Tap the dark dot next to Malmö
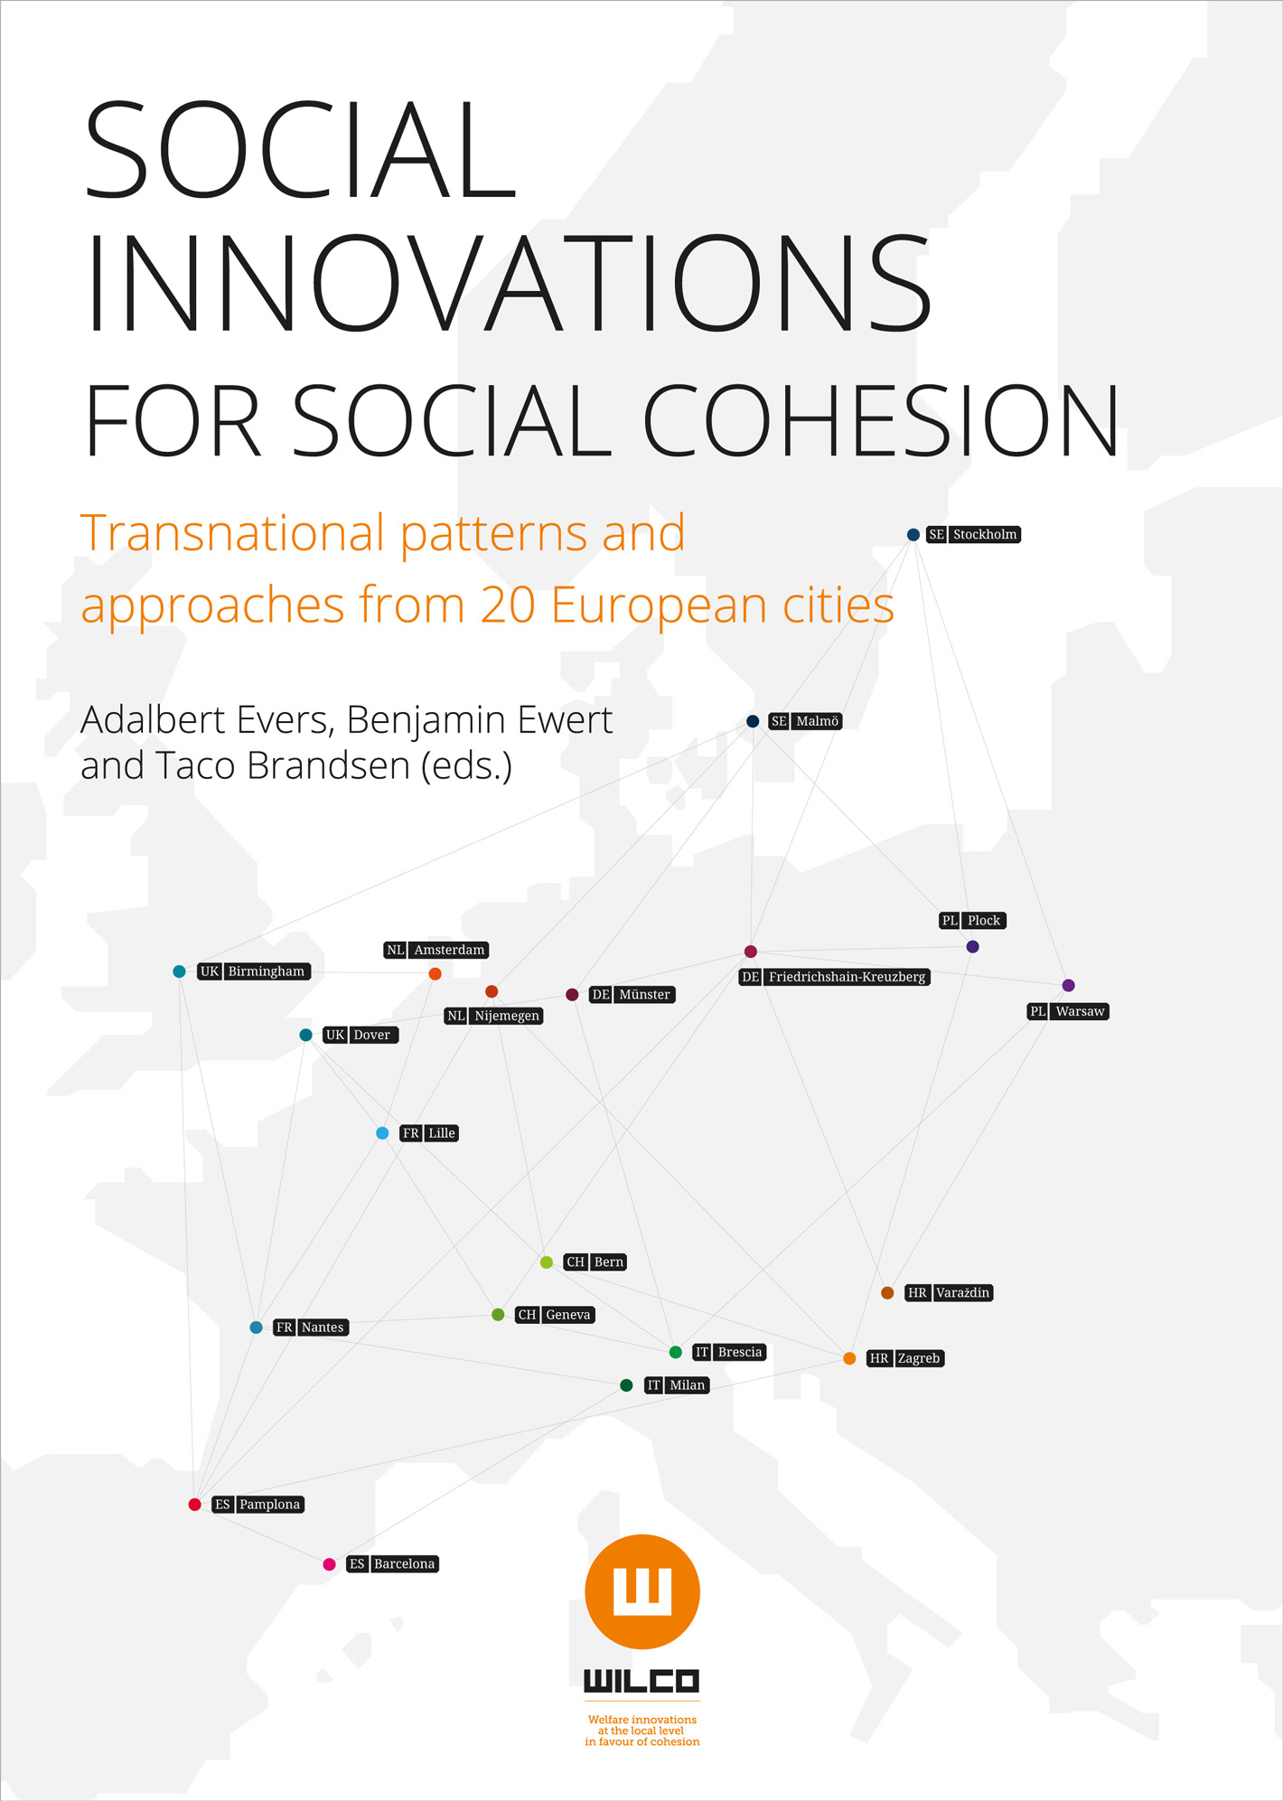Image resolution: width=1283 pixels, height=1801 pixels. click(x=753, y=721)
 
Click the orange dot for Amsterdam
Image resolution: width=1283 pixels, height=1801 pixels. click(x=435, y=973)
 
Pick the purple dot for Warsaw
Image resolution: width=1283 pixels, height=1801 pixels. click(x=1068, y=985)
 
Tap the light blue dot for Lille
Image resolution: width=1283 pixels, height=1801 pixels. click(x=382, y=1133)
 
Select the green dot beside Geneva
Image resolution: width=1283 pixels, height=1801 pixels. click(x=498, y=1315)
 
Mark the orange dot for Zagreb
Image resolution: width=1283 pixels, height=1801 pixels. click(x=849, y=1358)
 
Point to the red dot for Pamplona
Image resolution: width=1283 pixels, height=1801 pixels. click(x=194, y=1505)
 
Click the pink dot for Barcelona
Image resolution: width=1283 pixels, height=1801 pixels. click(x=329, y=1564)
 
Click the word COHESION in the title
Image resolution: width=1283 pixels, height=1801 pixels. click(x=881, y=421)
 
